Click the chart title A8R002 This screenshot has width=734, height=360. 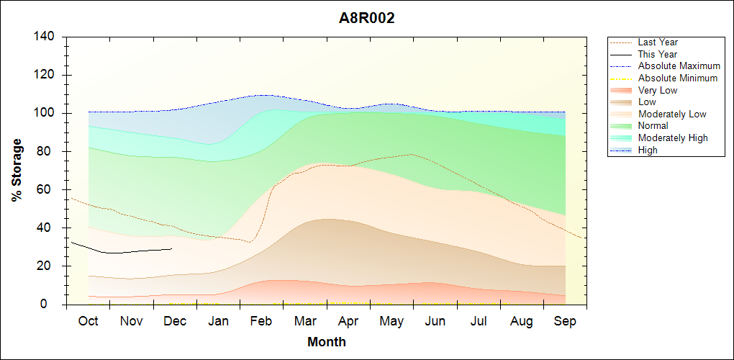[367, 19]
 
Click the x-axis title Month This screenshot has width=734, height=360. [326, 342]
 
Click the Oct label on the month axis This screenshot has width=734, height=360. [88, 321]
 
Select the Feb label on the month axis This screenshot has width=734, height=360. [261, 321]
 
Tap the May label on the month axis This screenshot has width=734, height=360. [391, 321]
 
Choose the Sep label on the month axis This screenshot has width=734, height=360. [565, 321]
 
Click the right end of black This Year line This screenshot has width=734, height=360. [172, 249]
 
